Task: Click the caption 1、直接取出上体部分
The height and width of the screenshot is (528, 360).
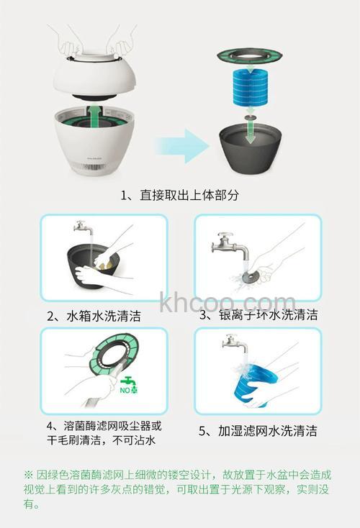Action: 179,195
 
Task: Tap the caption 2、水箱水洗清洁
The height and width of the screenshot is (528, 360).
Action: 94,316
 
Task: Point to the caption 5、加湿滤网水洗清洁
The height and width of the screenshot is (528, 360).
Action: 257,432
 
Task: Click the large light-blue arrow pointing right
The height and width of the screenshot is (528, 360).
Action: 181,147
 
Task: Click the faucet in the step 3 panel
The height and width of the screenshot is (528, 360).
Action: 230,248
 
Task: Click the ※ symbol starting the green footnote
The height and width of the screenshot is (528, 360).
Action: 29,475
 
